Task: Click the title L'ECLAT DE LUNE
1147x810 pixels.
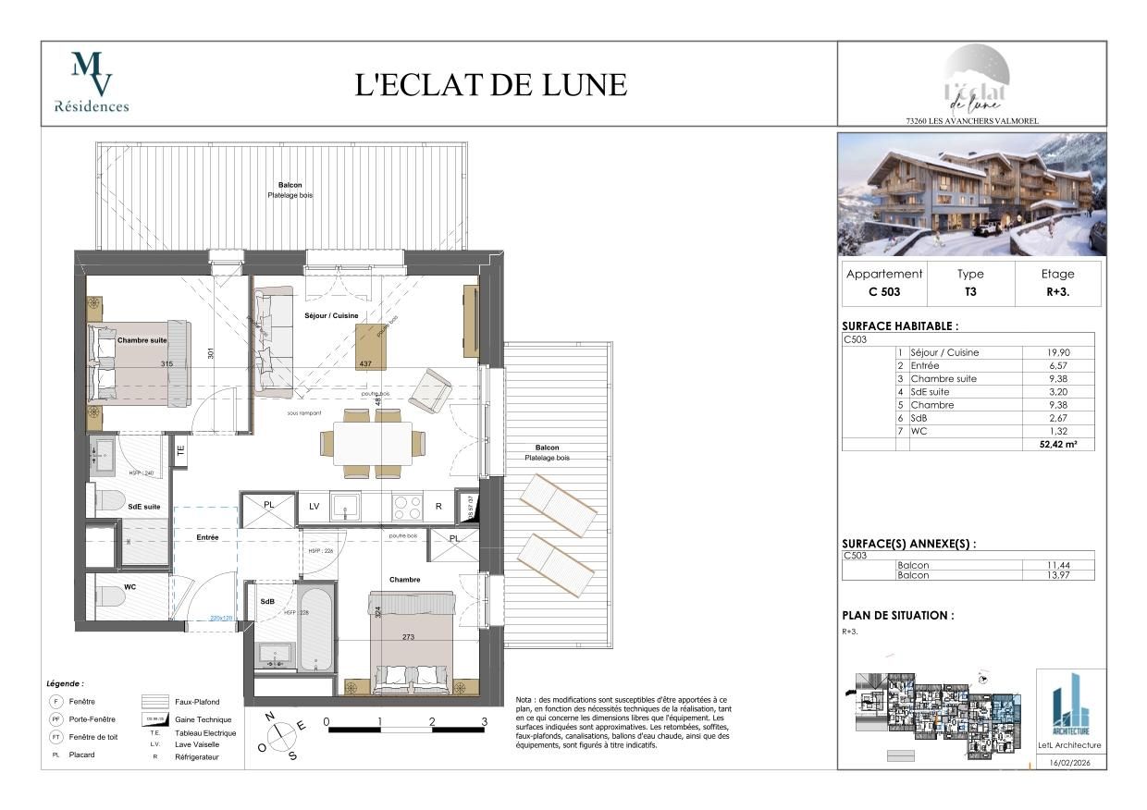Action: point(491,84)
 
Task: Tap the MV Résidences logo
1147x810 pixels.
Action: point(92,82)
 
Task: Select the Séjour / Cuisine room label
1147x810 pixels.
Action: point(331,316)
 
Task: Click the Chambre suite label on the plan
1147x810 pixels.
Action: point(142,340)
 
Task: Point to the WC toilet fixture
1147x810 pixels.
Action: point(109,597)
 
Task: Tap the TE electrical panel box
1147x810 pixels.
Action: point(181,452)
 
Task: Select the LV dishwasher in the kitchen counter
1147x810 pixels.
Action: point(314,507)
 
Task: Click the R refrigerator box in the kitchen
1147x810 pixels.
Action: point(438,507)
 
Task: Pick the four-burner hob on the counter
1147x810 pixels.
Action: point(407,507)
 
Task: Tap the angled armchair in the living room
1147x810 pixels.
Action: point(430,389)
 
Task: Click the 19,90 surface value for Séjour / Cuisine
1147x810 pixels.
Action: point(1058,352)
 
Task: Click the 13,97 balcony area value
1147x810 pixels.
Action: point(1058,575)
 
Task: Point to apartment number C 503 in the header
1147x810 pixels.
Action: point(884,292)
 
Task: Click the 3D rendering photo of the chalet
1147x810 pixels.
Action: point(971,194)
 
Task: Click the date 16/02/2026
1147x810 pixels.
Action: point(1071,763)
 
